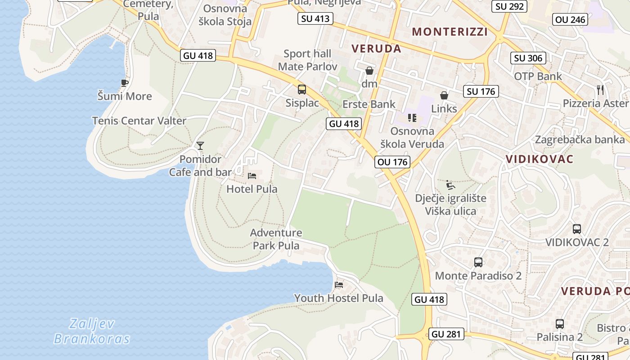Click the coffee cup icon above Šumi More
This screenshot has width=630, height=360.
coord(125,83)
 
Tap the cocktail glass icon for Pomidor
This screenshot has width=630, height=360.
coord(200,145)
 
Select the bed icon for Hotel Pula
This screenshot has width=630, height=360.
coord(252,175)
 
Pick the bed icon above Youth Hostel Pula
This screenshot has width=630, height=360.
coord(339,284)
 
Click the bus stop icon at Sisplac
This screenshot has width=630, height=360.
coord(302,90)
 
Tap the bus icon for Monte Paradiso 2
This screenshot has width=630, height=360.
coord(478,262)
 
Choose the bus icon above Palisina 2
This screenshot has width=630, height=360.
coord(560,324)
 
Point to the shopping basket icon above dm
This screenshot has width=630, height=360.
coord(369,71)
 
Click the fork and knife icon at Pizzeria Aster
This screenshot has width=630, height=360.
coord(600,90)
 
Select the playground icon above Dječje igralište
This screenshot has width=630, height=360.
coord(450,184)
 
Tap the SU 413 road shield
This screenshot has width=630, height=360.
coord(315,18)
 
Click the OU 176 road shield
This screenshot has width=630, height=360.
coord(393,162)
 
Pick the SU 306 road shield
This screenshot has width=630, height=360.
coord(529,58)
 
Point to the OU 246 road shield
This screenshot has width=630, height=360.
coord(571,19)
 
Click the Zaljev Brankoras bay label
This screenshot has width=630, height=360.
coord(92,331)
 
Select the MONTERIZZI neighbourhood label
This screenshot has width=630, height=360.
coord(450,31)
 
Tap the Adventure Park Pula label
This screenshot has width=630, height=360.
coord(276,239)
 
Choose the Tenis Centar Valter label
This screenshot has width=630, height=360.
coord(139,121)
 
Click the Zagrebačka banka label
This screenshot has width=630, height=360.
coord(580,139)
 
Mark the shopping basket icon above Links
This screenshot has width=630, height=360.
coord(444,95)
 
